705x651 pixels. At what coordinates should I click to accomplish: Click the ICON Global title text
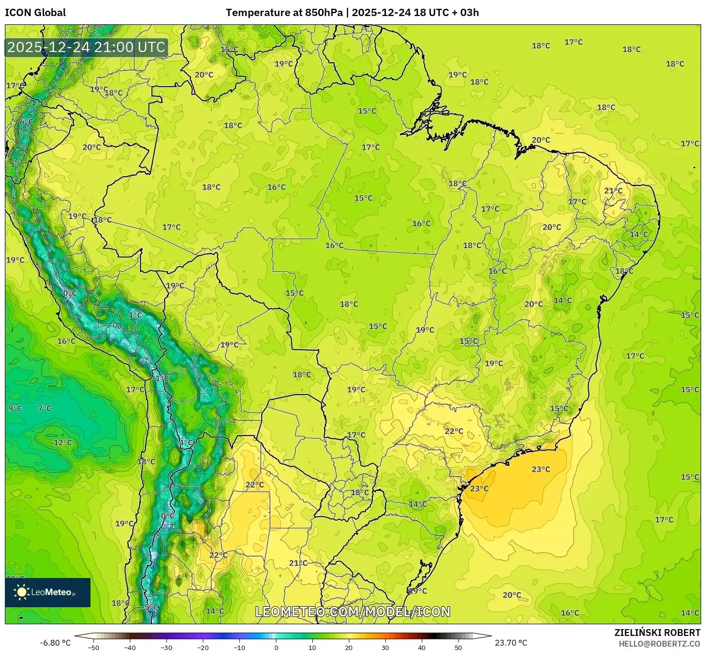[35, 13]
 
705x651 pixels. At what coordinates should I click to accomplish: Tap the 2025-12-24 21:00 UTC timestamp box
[87, 47]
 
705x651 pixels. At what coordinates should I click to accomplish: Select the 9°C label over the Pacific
[15, 408]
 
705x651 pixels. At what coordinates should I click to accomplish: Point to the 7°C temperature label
[44, 408]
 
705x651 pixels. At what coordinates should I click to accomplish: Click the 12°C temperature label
[63, 442]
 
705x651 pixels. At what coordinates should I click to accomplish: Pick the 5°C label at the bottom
[151, 607]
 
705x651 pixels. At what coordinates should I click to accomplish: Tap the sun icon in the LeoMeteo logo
[21, 592]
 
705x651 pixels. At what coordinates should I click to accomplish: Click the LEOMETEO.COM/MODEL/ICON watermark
[353, 612]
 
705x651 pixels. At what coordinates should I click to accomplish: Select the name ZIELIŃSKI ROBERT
[657, 633]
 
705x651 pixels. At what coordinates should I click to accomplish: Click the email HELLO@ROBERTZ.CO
[659, 644]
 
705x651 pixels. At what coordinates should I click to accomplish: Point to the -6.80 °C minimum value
[55, 643]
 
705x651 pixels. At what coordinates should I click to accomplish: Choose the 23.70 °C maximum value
[511, 643]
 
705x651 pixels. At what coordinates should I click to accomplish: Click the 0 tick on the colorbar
[276, 647]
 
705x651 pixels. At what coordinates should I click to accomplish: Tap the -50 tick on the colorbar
[93, 647]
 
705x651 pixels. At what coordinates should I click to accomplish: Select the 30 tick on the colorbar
[385, 647]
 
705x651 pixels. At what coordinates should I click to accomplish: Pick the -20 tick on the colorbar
[202, 647]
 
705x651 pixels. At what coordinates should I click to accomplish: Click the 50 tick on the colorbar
[458, 647]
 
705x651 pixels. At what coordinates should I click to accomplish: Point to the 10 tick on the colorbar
[312, 647]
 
